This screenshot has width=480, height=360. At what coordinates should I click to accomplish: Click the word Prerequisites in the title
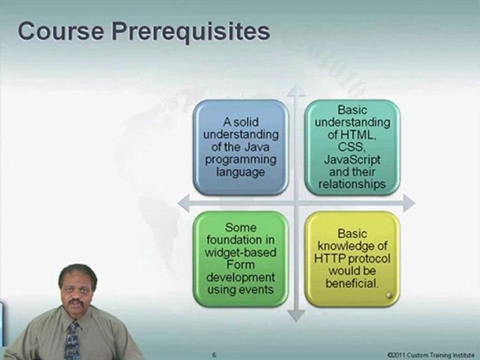(190, 32)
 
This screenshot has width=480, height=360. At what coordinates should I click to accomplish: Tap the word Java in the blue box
(257, 147)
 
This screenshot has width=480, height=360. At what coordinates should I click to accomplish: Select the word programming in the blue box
(240, 160)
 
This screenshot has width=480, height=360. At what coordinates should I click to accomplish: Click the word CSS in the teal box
(351, 147)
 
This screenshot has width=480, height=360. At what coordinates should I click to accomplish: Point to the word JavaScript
(352, 159)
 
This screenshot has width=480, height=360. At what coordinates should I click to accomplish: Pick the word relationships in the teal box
(352, 184)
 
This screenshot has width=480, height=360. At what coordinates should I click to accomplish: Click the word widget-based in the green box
(240, 252)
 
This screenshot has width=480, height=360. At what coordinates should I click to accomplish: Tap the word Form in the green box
(240, 264)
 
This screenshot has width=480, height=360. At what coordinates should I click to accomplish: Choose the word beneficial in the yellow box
(351, 283)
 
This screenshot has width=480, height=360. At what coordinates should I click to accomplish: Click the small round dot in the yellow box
(389, 295)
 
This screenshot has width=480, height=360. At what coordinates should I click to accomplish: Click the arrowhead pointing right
(409, 203)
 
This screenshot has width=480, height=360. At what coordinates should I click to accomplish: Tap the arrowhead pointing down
(296, 315)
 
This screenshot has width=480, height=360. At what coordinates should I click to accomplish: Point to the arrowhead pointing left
(183, 203)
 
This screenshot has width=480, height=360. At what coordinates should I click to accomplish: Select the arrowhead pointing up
(296, 90)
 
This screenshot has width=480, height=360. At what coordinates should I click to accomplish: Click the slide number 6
(214, 355)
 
